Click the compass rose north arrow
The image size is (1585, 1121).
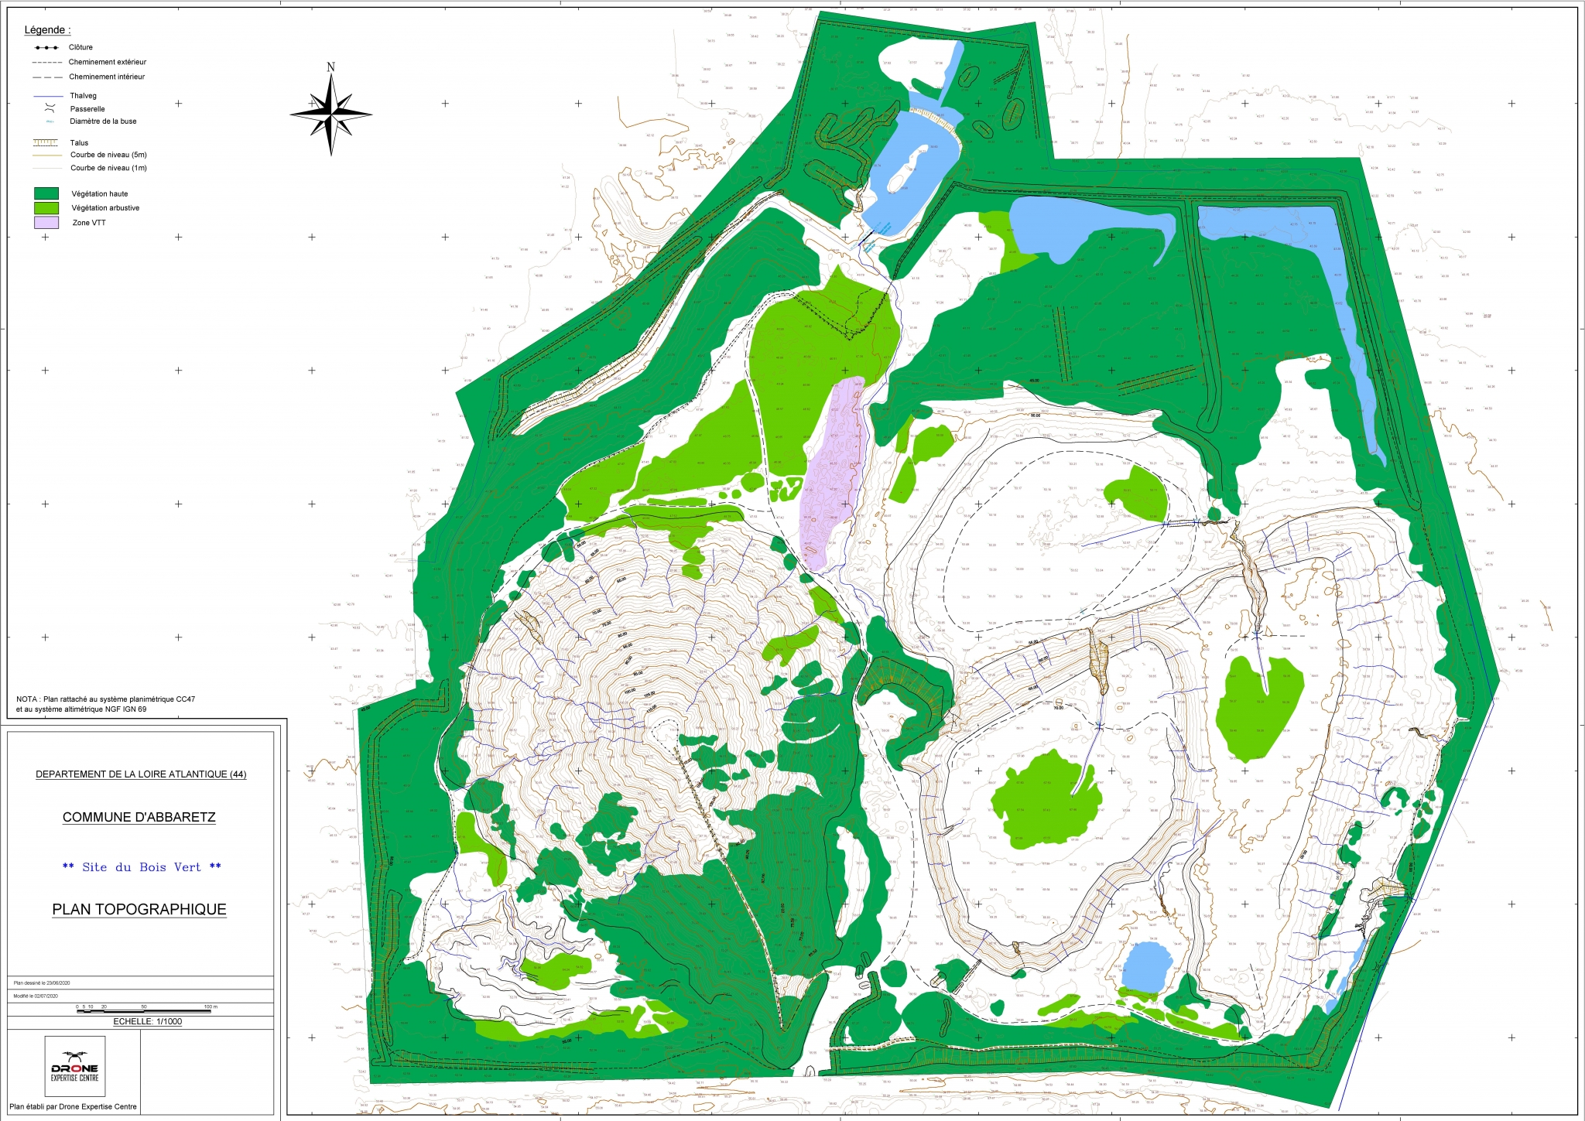(x=331, y=114)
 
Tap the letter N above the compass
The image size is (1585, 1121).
(x=331, y=67)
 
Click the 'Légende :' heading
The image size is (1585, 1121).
(x=47, y=30)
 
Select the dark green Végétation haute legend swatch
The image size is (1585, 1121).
(x=46, y=193)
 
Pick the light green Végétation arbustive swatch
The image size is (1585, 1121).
(x=46, y=208)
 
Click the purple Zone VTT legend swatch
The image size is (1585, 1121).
(x=46, y=223)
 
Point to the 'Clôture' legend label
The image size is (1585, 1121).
(x=80, y=47)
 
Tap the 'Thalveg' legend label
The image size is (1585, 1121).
(x=84, y=96)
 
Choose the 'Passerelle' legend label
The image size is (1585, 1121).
(x=87, y=109)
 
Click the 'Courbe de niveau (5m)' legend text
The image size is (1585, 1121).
(x=108, y=155)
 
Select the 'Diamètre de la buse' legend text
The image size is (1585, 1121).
(x=103, y=121)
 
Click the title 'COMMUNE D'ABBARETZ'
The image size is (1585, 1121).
(x=139, y=817)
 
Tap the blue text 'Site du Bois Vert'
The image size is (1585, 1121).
(x=142, y=867)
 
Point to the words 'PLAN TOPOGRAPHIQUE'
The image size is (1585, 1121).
(x=139, y=909)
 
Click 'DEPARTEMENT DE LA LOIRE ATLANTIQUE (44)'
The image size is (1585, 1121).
(x=141, y=774)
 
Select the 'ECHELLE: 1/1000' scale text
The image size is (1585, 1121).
(x=148, y=1021)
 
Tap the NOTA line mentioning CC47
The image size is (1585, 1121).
(x=105, y=699)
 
